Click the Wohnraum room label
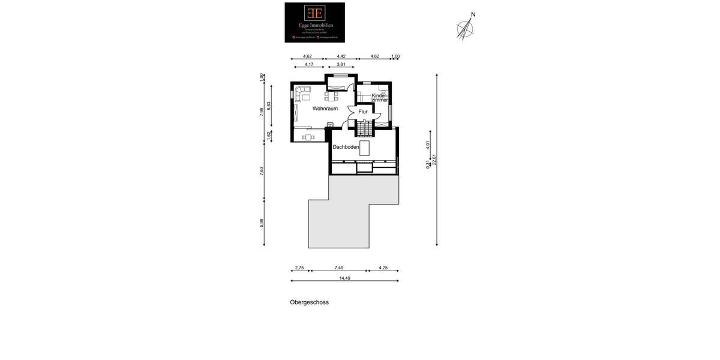(x=325, y=109)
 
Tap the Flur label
(x=363, y=112)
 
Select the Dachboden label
(x=346, y=147)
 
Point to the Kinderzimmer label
(x=380, y=98)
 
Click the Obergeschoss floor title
(x=309, y=302)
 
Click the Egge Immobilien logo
(x=314, y=22)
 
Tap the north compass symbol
(x=465, y=28)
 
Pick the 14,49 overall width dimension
(x=344, y=278)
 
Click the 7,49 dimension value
(x=339, y=268)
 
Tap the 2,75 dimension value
(x=299, y=268)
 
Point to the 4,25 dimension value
(x=383, y=268)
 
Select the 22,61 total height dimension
(x=434, y=159)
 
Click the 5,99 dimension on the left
(x=262, y=222)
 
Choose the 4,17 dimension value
(x=308, y=64)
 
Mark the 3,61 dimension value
(x=341, y=64)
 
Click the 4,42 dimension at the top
(x=341, y=56)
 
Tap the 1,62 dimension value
(x=269, y=136)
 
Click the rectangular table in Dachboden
(x=364, y=148)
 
